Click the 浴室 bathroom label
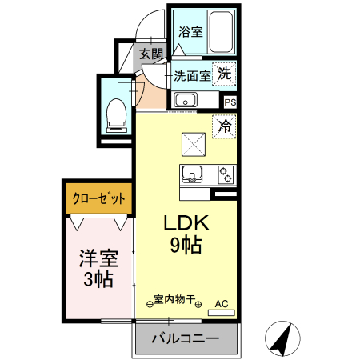tap(190, 33)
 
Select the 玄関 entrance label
tap(150, 54)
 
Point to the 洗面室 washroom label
tap(193, 76)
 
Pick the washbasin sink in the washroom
tap(186, 100)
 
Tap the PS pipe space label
tap(230, 102)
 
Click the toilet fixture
tap(115, 114)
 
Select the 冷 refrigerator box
tap(225, 126)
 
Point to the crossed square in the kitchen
tap(194, 144)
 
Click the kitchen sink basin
tap(193, 174)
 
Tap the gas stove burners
tap(225, 174)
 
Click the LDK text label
tap(185, 223)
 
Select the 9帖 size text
tap(184, 246)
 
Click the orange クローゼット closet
tap(99, 198)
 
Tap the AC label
tap(223, 303)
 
